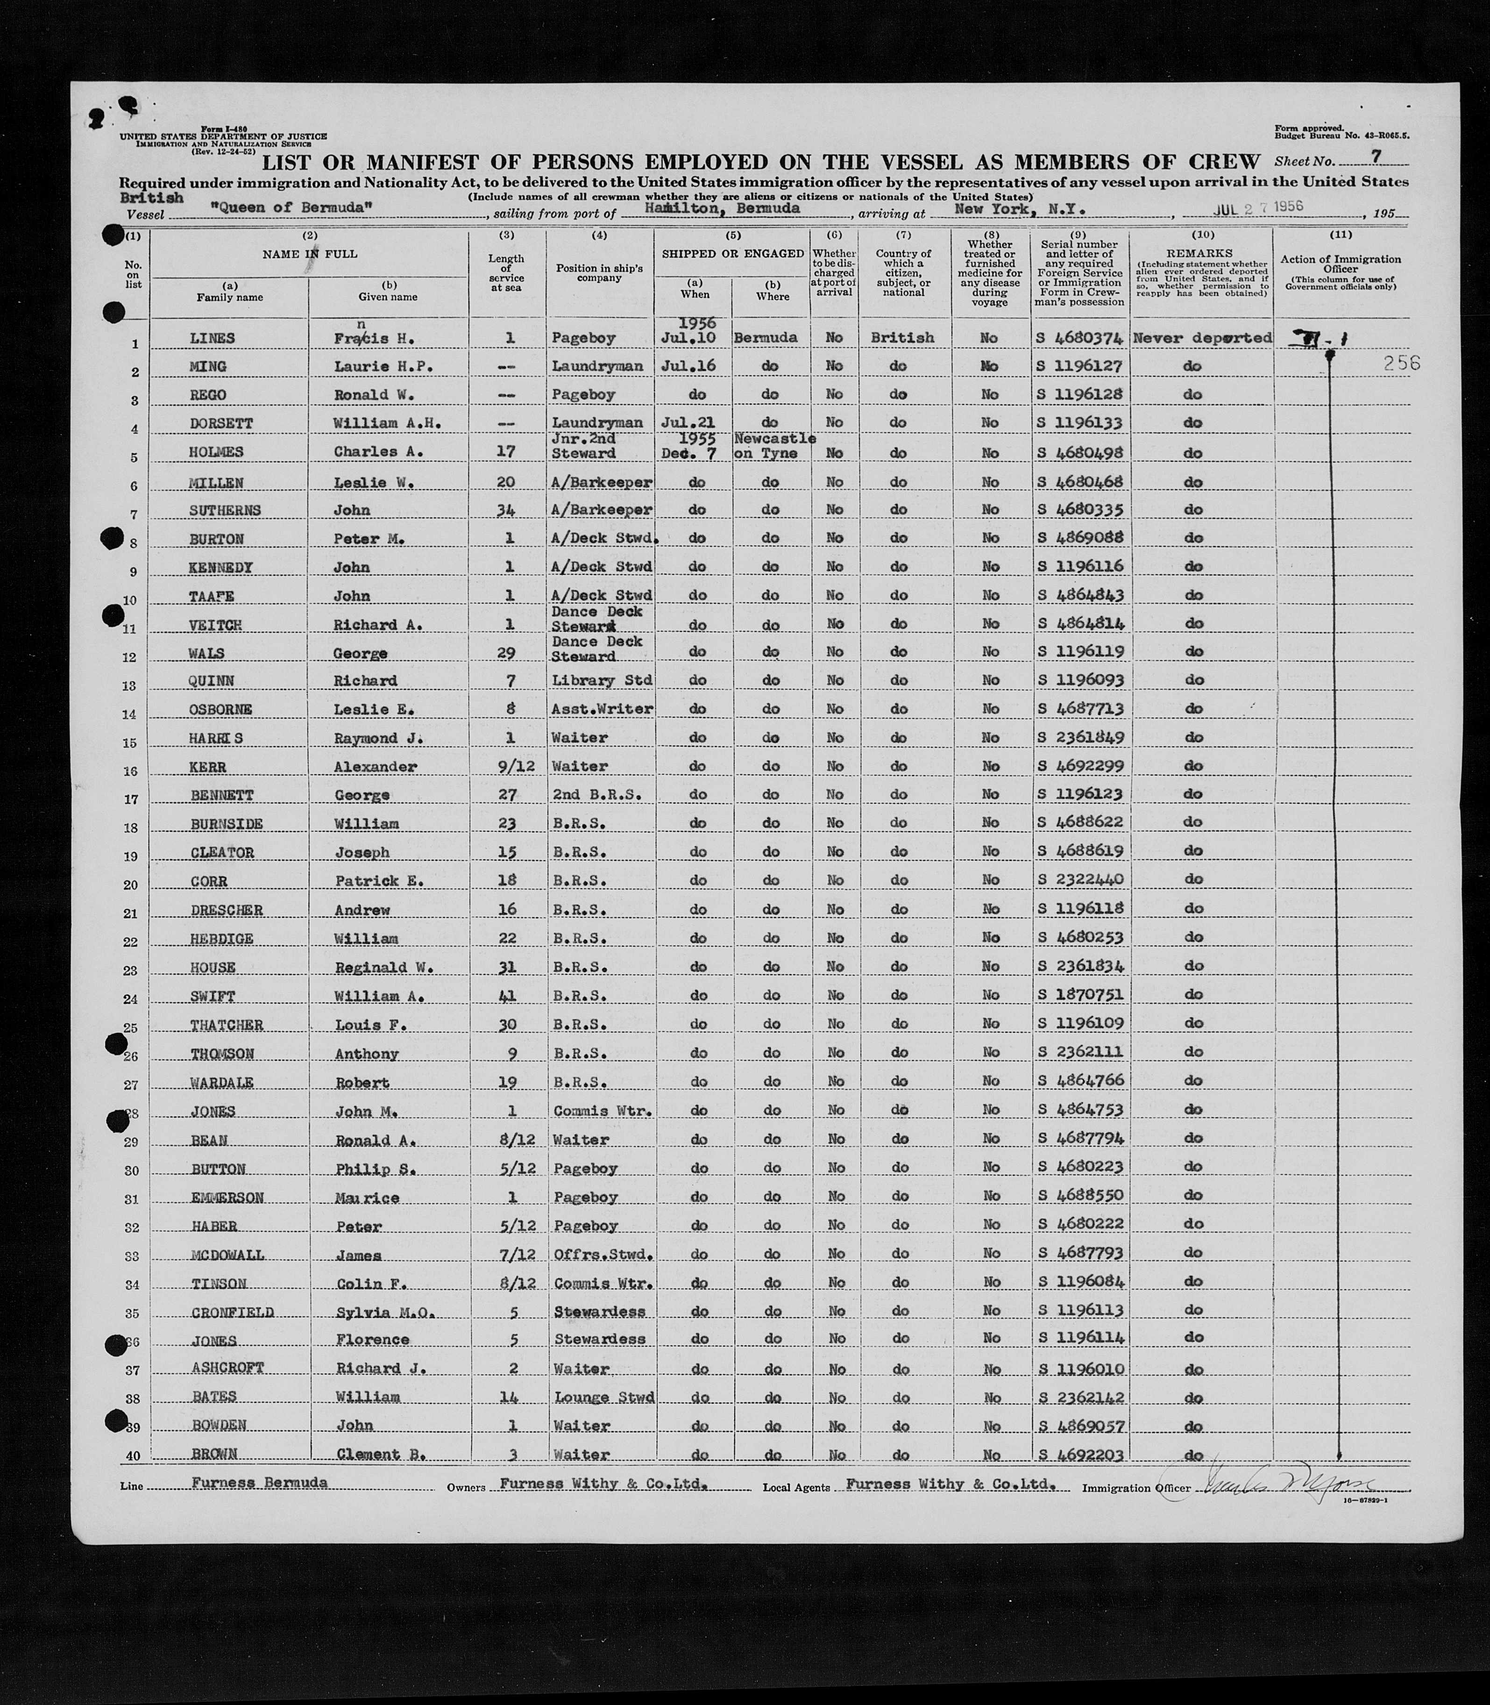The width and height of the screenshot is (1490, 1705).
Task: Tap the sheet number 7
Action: tap(1377, 157)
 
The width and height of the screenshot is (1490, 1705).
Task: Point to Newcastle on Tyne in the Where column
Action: tap(773, 446)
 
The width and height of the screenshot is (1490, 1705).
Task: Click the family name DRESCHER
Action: tap(226, 910)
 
